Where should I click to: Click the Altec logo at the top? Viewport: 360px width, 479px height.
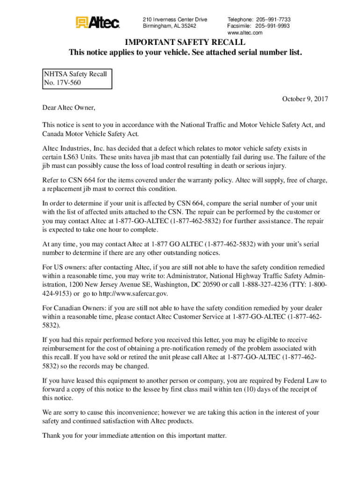(98, 22)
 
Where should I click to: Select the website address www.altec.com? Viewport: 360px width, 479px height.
(245, 33)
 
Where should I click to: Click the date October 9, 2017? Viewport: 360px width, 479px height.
(305, 99)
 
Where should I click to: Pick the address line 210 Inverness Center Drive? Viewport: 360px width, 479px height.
(175, 20)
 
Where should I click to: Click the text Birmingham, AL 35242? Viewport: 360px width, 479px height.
(169, 26)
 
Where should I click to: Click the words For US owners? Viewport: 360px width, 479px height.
(63, 267)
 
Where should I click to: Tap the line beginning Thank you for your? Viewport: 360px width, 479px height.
(134, 435)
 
